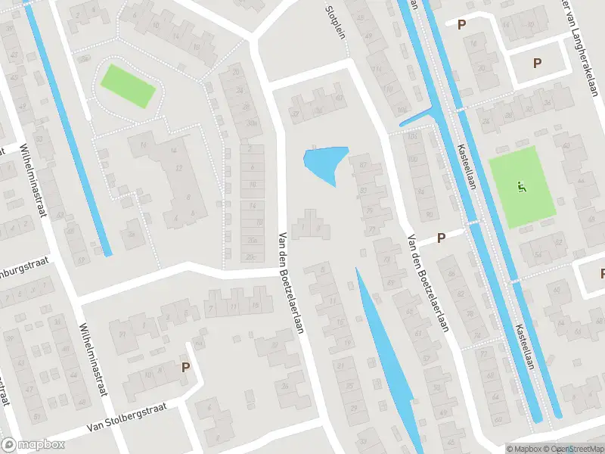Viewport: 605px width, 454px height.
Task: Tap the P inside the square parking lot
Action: (538, 64)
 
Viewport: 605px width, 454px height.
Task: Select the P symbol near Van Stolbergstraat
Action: (185, 368)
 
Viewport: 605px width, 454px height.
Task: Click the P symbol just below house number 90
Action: (441, 238)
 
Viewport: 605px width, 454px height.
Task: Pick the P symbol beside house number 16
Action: (461, 24)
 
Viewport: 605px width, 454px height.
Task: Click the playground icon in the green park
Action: (521, 185)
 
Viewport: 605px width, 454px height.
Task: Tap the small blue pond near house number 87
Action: (324, 163)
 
